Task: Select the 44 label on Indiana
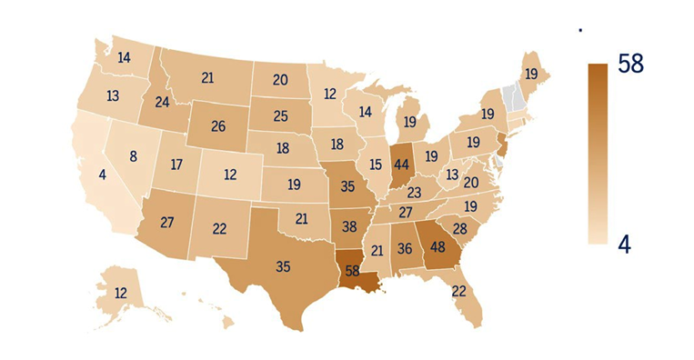click(x=402, y=165)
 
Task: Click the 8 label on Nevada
click(x=133, y=155)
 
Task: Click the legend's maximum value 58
click(x=636, y=65)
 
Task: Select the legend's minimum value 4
click(x=626, y=244)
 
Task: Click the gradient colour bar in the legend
click(x=597, y=154)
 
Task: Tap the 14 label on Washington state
click(x=124, y=57)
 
